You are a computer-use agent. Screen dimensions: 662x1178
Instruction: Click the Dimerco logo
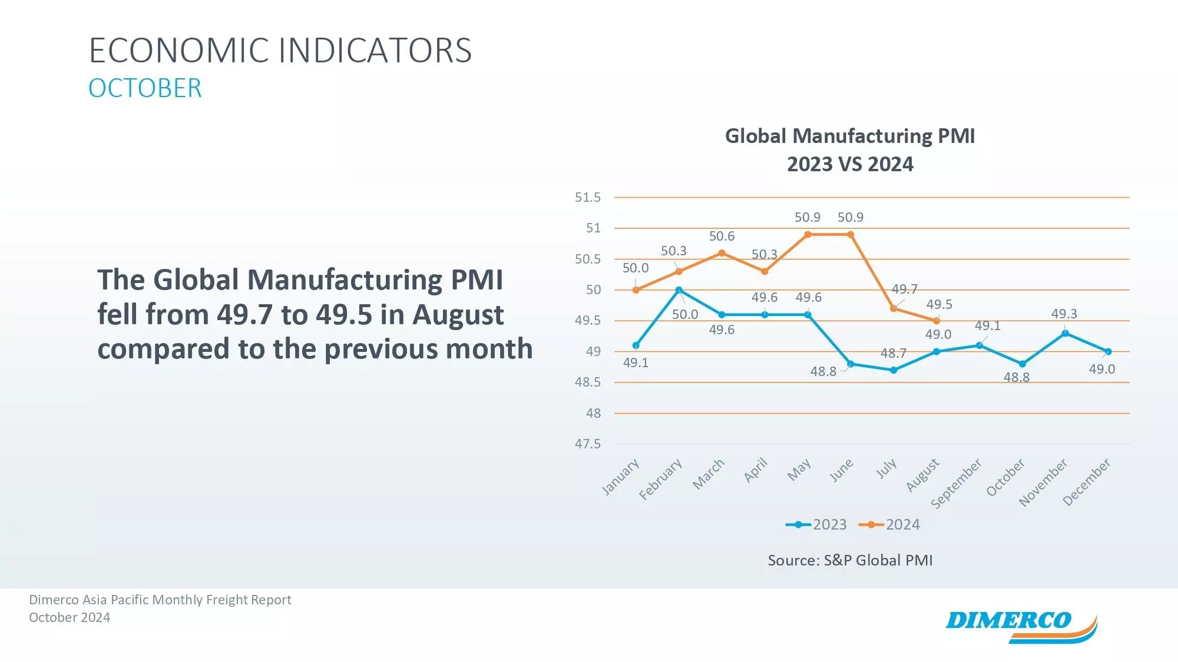(x=1021, y=625)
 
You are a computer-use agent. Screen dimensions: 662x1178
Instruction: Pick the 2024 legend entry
(x=889, y=524)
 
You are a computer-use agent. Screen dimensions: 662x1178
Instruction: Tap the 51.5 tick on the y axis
(x=588, y=197)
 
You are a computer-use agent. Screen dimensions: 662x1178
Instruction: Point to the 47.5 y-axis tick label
(x=588, y=444)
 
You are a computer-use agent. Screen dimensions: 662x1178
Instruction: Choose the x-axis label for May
(x=799, y=470)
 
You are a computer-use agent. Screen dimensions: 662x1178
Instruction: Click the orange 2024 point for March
(x=722, y=253)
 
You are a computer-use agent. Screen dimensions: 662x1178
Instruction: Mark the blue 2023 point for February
(x=679, y=290)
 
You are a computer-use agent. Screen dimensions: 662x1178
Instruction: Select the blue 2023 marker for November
(x=1065, y=333)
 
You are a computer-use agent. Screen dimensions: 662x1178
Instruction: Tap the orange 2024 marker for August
(x=937, y=321)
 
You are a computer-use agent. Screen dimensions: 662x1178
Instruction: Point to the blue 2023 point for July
(x=894, y=370)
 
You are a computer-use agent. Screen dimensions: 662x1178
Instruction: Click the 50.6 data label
(x=722, y=236)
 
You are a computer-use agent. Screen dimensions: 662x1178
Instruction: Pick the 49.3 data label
(x=1064, y=314)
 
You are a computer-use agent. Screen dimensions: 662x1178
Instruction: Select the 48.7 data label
(x=893, y=353)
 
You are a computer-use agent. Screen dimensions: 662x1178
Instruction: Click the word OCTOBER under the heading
(x=145, y=88)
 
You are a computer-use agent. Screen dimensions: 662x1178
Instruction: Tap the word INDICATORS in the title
(x=375, y=51)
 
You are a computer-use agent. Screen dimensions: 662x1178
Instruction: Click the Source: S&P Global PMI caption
(x=850, y=560)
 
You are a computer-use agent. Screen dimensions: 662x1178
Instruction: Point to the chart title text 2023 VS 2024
(x=850, y=164)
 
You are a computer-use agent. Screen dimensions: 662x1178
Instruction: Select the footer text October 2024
(x=70, y=617)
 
